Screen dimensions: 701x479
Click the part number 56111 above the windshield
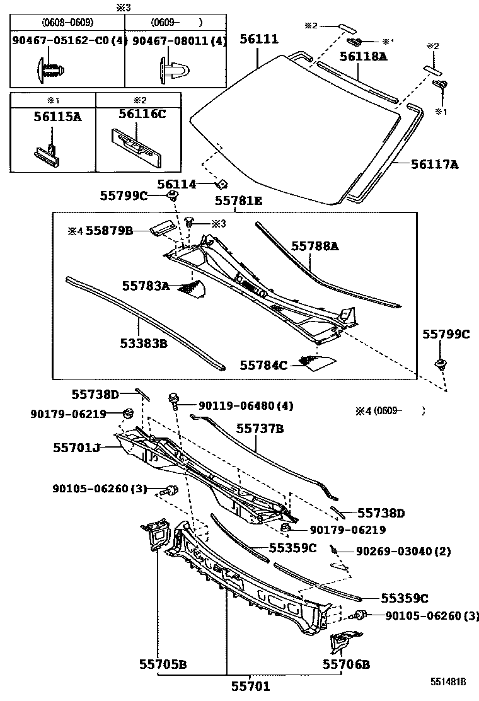tap(258, 39)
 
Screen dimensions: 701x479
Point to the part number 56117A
tap(434, 165)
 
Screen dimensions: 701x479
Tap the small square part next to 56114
tap(221, 184)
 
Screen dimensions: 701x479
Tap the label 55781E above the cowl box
tap(238, 200)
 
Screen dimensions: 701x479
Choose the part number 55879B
tap(108, 231)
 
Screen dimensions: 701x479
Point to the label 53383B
tap(144, 344)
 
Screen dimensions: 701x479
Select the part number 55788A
tap(315, 246)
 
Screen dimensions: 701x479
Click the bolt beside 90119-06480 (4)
tap(173, 398)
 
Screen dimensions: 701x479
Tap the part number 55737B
tap(260, 429)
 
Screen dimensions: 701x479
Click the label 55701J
tap(76, 447)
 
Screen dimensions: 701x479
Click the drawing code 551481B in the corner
tap(448, 682)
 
